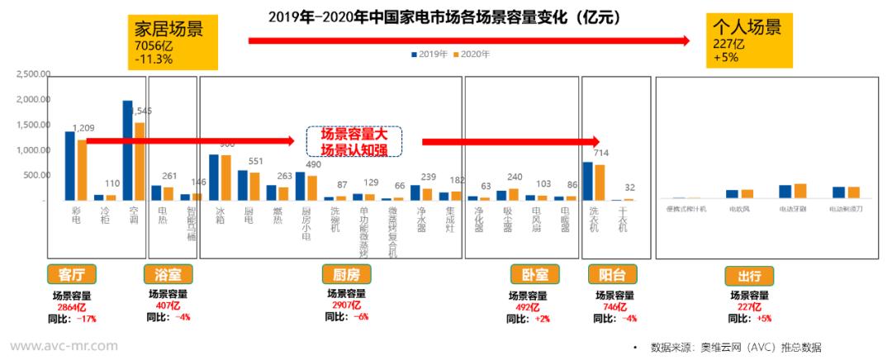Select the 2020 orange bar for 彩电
pyautogui.click(x=82, y=169)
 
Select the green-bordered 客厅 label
pyautogui.click(x=72, y=274)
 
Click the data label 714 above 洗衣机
pyautogui.click(x=601, y=154)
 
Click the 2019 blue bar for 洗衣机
pyautogui.click(x=587, y=180)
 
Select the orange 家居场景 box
pyautogui.click(x=171, y=41)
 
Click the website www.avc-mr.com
pyautogui.click(x=64, y=346)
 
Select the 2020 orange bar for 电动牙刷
pyautogui.click(x=799, y=191)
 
